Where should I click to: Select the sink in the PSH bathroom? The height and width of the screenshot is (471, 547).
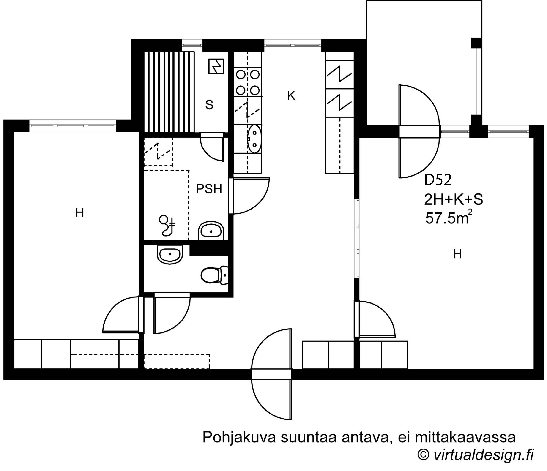(x=211, y=231)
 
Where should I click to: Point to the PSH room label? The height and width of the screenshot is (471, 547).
(x=209, y=189)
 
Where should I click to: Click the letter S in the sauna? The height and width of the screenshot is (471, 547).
(x=209, y=105)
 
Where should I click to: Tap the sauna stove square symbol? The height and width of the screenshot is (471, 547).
(x=216, y=66)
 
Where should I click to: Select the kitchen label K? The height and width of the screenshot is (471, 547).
(x=291, y=96)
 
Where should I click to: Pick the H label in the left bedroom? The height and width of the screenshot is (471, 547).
(x=79, y=213)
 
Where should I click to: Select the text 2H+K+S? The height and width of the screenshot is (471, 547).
(x=453, y=200)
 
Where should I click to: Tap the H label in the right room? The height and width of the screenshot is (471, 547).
(x=457, y=254)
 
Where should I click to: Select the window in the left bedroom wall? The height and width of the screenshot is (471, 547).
(x=73, y=126)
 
